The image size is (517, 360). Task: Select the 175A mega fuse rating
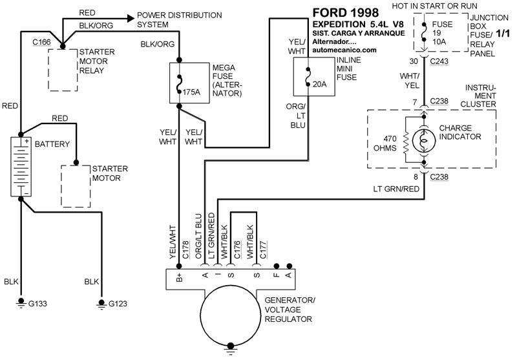[192, 92]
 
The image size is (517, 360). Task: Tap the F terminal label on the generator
[276, 276]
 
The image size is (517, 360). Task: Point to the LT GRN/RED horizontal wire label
[397, 189]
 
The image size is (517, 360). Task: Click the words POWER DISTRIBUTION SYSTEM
[179, 19]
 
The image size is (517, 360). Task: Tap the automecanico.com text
[343, 49]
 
